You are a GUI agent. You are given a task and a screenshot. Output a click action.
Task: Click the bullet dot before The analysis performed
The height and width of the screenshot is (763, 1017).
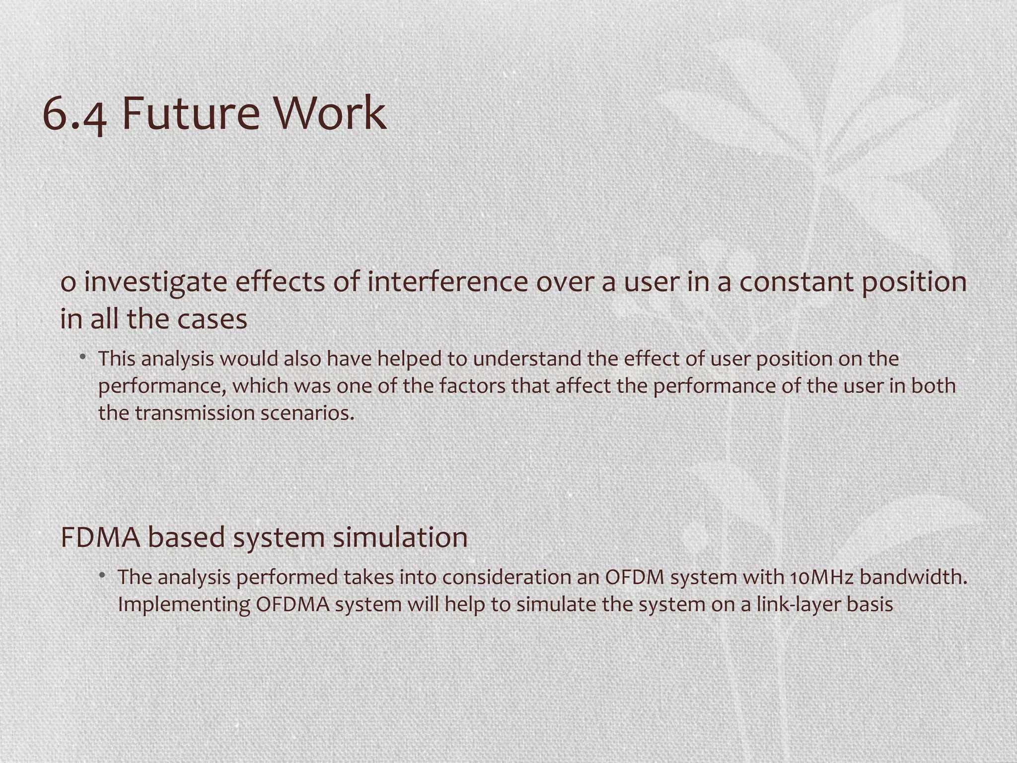click(x=102, y=575)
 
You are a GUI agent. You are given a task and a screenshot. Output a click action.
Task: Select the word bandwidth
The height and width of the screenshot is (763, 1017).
click(x=913, y=577)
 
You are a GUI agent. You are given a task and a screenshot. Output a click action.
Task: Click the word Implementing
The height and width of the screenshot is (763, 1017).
click(x=184, y=605)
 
